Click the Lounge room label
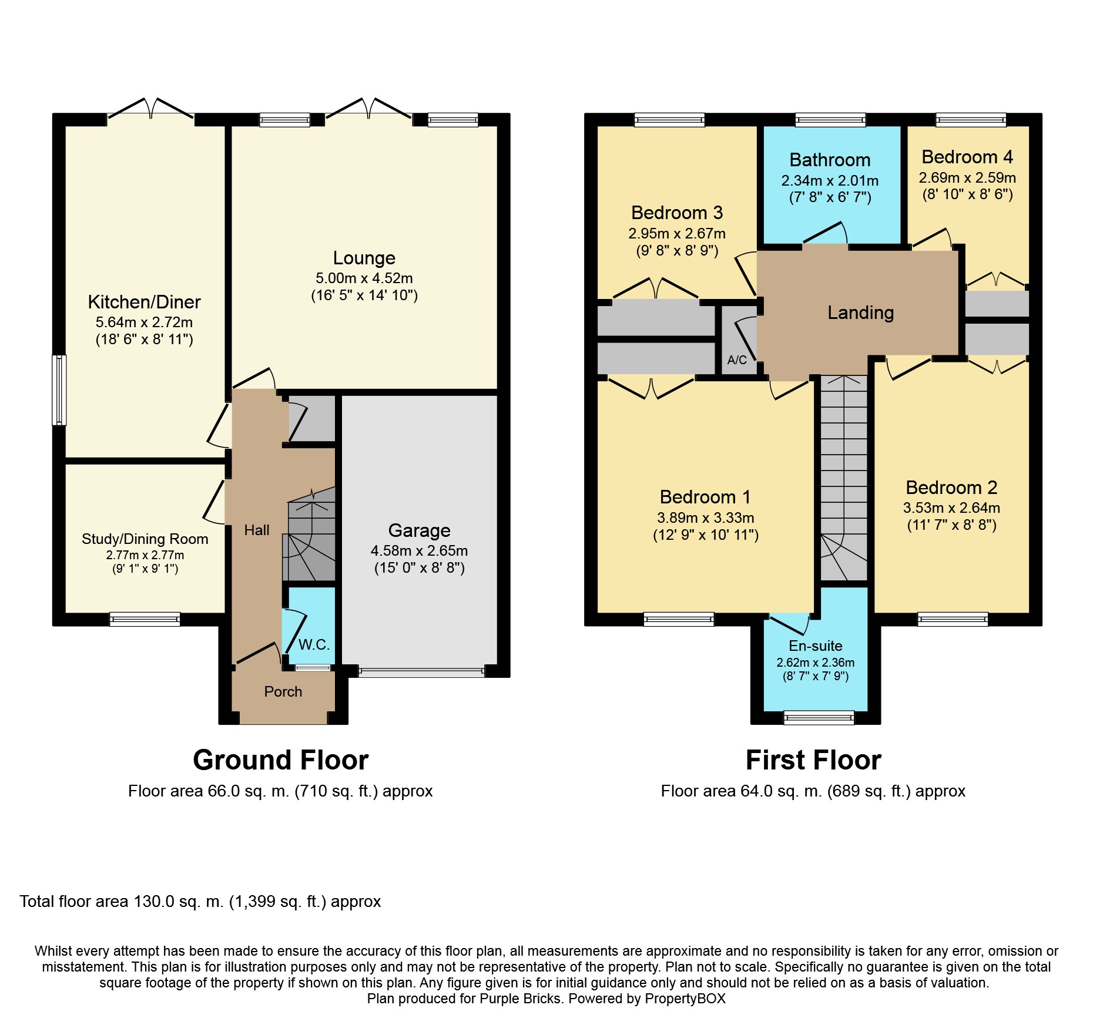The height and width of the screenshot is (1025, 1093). pos(364,258)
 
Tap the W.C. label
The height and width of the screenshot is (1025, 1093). pos(314,644)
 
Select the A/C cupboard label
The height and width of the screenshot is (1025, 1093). pos(737,359)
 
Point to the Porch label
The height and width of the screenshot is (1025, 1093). pos(283,691)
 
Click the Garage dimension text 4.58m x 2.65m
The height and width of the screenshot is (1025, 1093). pos(419,550)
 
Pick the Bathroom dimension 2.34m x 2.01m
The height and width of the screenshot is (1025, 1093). pos(830,180)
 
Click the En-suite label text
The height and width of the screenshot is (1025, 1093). pos(815,646)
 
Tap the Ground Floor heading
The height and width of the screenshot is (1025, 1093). pos(281,759)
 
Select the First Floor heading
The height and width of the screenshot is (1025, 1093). pos(813,759)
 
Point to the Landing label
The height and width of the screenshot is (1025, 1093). pos(860,312)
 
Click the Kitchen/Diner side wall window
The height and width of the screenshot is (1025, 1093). pos(59,389)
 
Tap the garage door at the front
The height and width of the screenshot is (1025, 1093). pos(421,672)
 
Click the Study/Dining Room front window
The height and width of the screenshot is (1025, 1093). pos(145,619)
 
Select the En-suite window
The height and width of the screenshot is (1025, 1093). pos(819,717)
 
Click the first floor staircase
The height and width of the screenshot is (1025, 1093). pos(844,478)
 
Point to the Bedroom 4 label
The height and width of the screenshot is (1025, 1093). pos(967,157)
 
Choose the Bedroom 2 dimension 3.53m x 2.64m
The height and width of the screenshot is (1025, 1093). pos(951,508)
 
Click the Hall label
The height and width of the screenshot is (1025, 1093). pos(257,530)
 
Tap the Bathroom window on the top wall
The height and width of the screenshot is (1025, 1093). pos(830,120)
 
